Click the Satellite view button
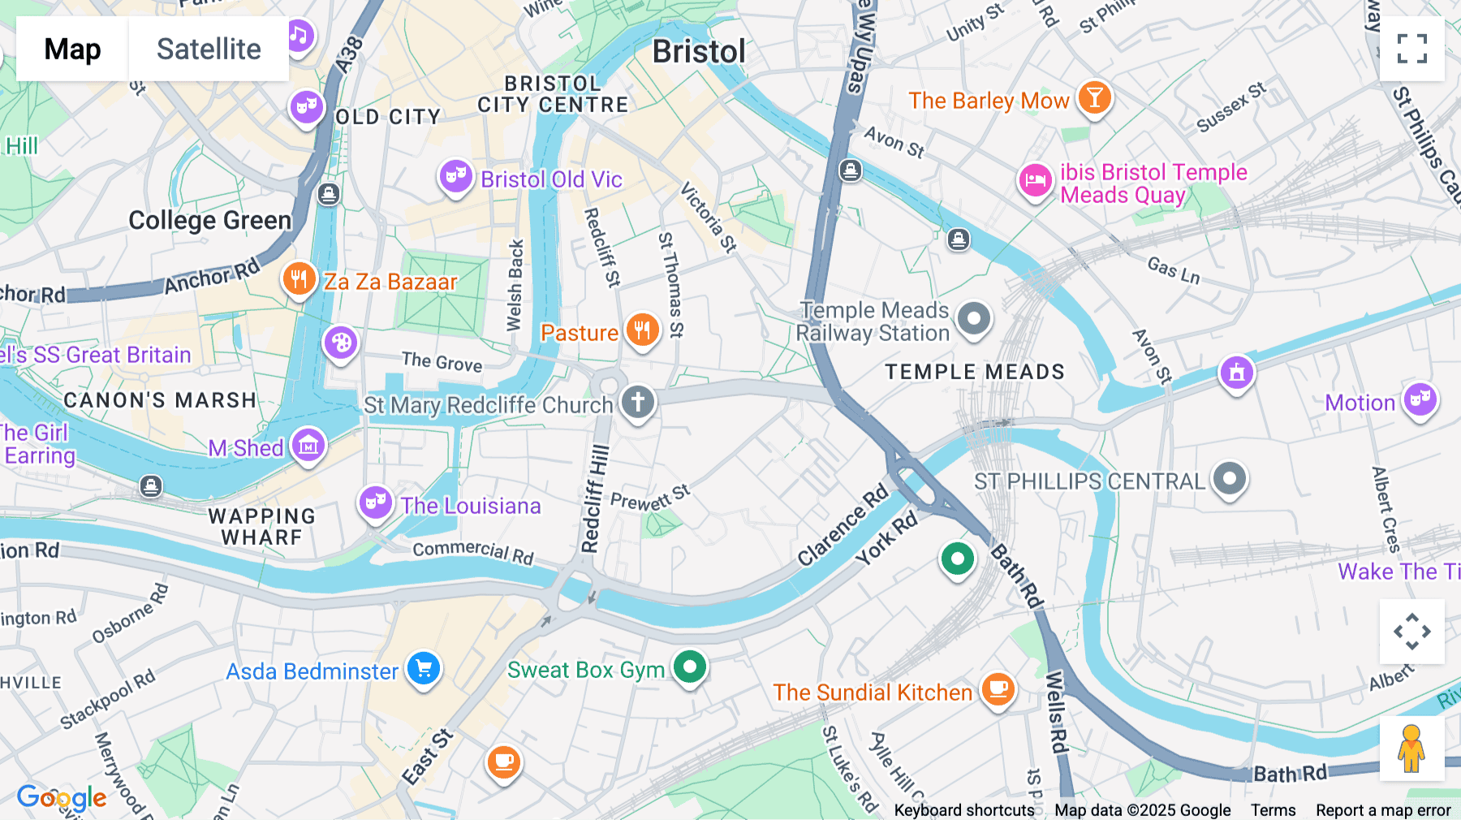[x=209, y=49]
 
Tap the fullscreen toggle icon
[x=1411, y=49]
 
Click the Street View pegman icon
[x=1411, y=748]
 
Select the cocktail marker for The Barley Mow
[x=1094, y=98]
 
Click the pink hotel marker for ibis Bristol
[x=1036, y=181]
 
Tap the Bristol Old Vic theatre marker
[x=455, y=176]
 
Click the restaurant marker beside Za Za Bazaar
[x=299, y=279]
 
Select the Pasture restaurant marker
[x=642, y=330]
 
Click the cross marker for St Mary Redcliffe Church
[x=638, y=402]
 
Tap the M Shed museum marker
[x=308, y=445]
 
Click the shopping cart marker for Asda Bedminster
[x=423, y=669]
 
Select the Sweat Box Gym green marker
[x=690, y=667]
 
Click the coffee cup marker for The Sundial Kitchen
[x=998, y=689]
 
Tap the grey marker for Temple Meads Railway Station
[x=974, y=318]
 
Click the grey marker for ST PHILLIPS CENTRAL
[x=1229, y=478]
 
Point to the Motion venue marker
[x=1420, y=399]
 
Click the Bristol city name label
[x=699, y=52]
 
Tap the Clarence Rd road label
[x=843, y=525]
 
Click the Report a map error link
[x=1383, y=810]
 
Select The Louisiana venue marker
[x=376, y=503]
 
